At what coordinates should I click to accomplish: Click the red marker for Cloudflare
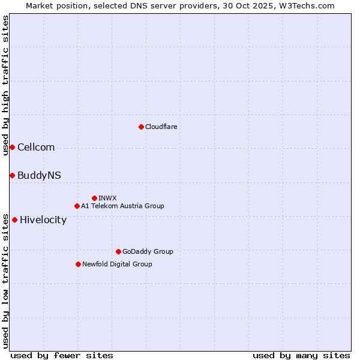[141, 127]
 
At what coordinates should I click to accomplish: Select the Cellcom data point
[12, 147]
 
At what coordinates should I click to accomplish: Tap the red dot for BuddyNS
[12, 175]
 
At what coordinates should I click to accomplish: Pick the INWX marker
[94, 198]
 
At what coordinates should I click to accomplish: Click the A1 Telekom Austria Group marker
[77, 206]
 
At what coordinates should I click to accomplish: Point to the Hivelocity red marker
[14, 220]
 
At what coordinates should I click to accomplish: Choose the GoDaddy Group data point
[118, 251]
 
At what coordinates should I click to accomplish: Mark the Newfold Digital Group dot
[78, 264]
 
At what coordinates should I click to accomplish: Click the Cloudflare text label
[161, 127]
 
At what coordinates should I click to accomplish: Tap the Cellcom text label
[36, 147]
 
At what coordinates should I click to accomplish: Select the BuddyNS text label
[39, 175]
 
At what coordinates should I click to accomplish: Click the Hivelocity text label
[43, 220]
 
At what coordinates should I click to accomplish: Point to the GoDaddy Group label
[148, 251]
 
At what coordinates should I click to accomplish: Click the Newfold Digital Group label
[117, 264]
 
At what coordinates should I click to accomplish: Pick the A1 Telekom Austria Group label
[122, 206]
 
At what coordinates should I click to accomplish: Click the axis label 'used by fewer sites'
[62, 355]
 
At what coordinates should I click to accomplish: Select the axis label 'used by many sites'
[301, 355]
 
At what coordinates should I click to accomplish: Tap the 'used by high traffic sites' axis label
[5, 85]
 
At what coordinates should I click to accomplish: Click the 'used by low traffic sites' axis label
[5, 280]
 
